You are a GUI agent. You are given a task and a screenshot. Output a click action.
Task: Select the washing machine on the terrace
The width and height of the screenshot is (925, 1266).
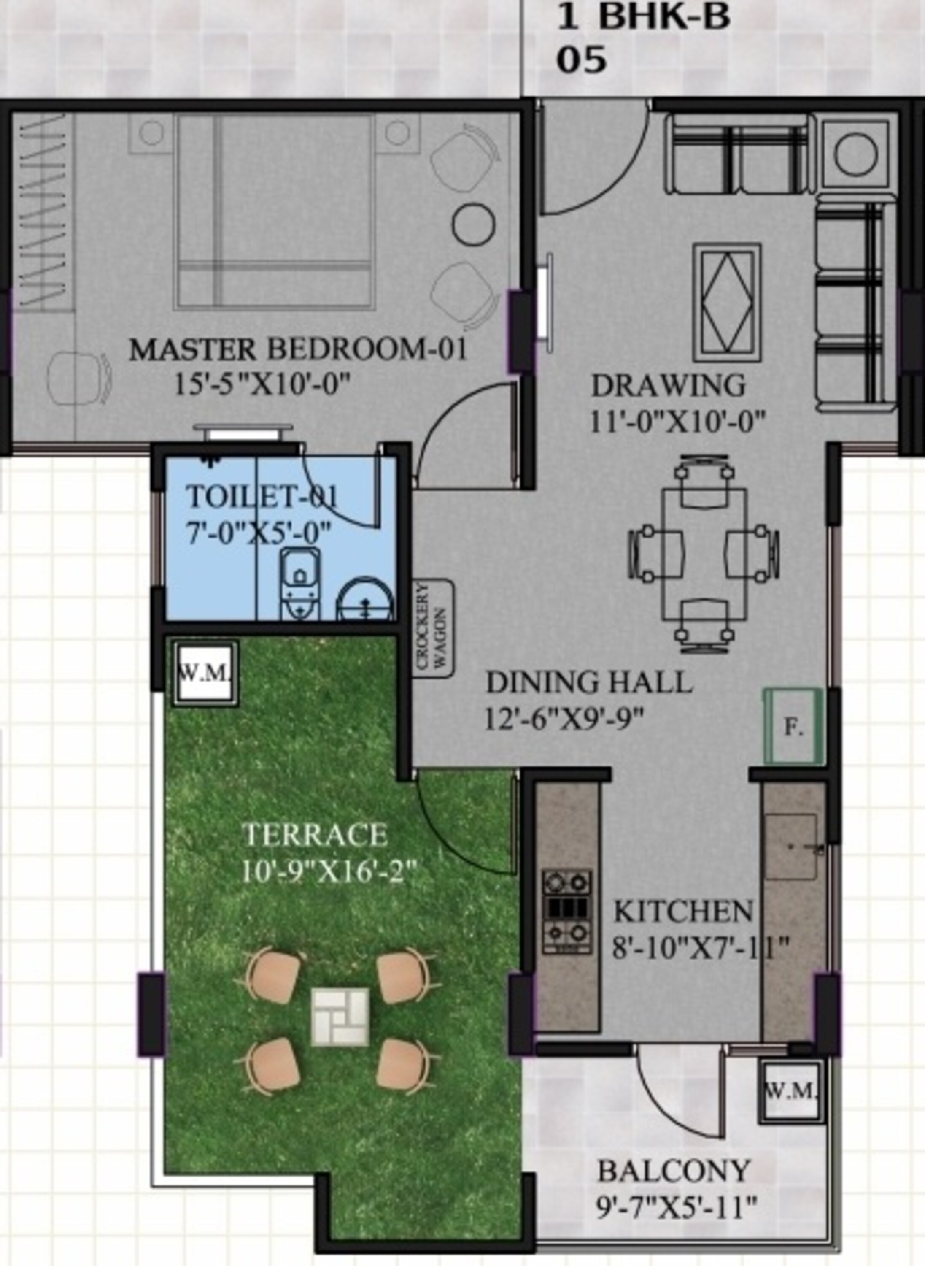[x=205, y=673]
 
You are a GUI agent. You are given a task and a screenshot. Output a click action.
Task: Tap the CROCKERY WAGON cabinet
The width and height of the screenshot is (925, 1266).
[x=433, y=628]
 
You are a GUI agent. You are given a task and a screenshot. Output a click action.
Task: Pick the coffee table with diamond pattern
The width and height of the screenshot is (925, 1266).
[x=726, y=303]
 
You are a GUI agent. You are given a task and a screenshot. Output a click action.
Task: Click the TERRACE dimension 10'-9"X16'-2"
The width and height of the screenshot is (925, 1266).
[x=330, y=873]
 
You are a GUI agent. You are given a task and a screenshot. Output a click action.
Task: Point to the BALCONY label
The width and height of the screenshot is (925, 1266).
[x=674, y=1171]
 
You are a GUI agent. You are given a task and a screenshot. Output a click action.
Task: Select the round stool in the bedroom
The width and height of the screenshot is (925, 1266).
[x=473, y=223]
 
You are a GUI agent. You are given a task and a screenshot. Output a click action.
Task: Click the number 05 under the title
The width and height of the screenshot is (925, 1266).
[x=581, y=60]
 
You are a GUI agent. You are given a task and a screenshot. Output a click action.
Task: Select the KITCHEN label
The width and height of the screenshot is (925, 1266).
[x=683, y=912]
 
